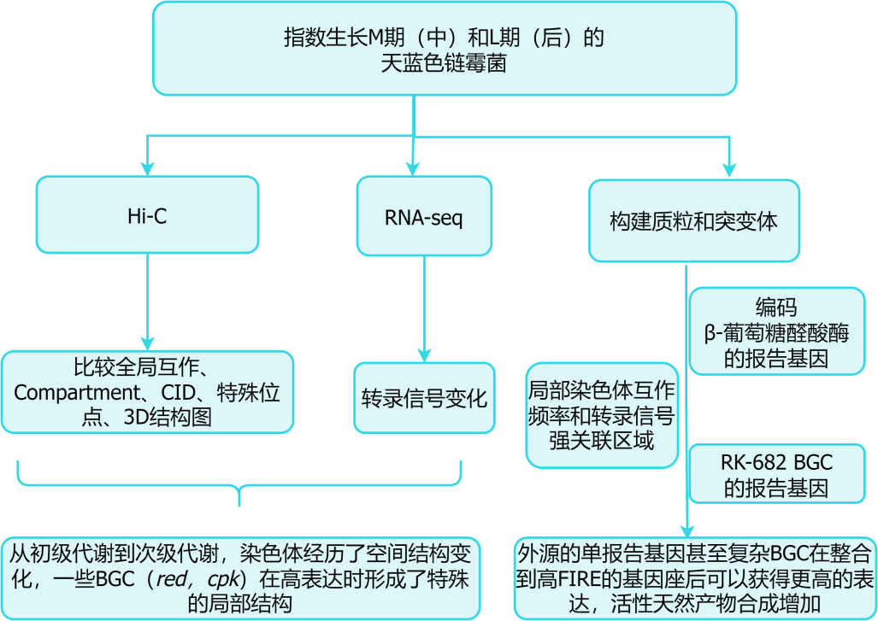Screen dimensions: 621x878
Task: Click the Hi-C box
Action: (x=147, y=215)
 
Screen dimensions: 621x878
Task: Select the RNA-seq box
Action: (x=424, y=216)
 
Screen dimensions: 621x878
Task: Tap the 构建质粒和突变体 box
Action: (x=693, y=220)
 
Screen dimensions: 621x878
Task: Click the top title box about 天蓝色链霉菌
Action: (x=444, y=49)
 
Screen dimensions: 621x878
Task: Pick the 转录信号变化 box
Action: (x=424, y=398)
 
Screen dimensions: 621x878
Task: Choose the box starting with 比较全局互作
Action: (x=147, y=392)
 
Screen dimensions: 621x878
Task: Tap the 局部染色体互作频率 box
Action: (x=602, y=415)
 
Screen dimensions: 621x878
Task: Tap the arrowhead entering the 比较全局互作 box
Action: (x=147, y=343)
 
